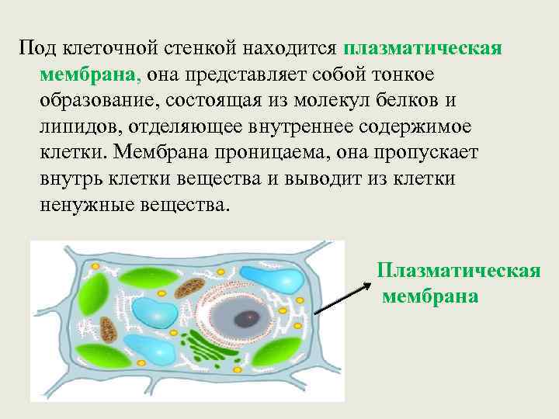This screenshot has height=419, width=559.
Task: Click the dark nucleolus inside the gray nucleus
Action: (x=248, y=317)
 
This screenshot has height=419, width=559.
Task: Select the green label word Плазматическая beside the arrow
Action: (x=458, y=271)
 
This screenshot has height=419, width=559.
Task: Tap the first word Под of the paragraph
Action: (x=35, y=48)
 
